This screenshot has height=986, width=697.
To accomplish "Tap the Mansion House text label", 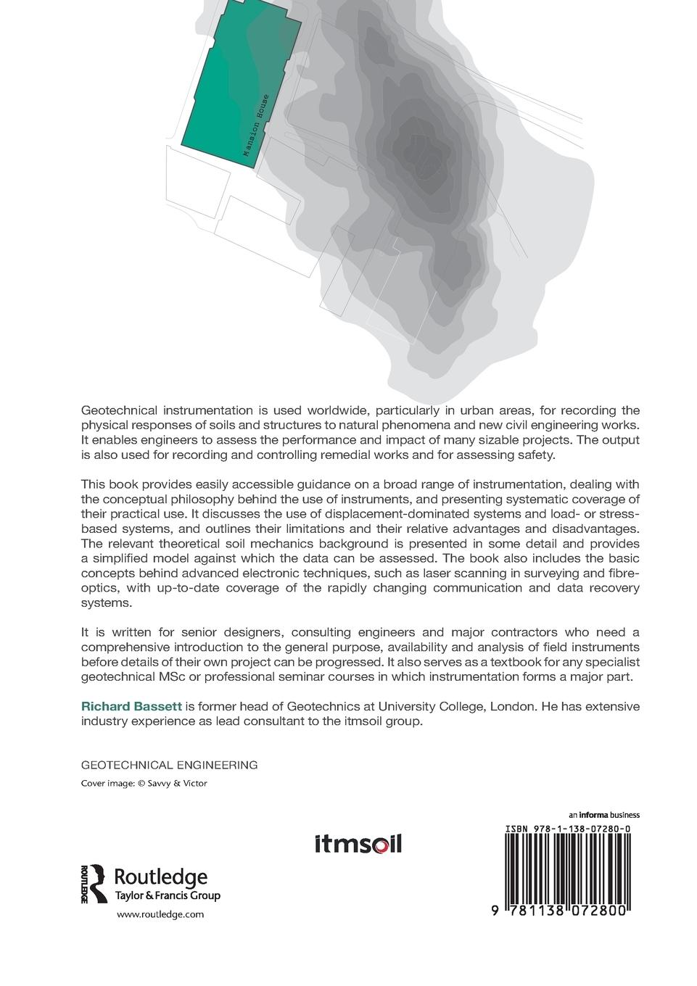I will point(256,125).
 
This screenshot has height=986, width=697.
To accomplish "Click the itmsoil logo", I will point(358,844).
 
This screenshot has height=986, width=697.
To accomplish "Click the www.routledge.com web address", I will point(160,915).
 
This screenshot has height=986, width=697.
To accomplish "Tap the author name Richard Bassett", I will point(131,706).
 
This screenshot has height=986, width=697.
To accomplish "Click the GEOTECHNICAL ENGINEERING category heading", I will point(169,765).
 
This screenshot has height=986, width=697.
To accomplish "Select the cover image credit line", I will point(144,783).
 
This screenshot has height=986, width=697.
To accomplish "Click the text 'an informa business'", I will point(603,814).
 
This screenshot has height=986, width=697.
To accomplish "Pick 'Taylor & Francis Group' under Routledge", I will point(168,895).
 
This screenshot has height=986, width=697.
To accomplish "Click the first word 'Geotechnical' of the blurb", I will point(118,410).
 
